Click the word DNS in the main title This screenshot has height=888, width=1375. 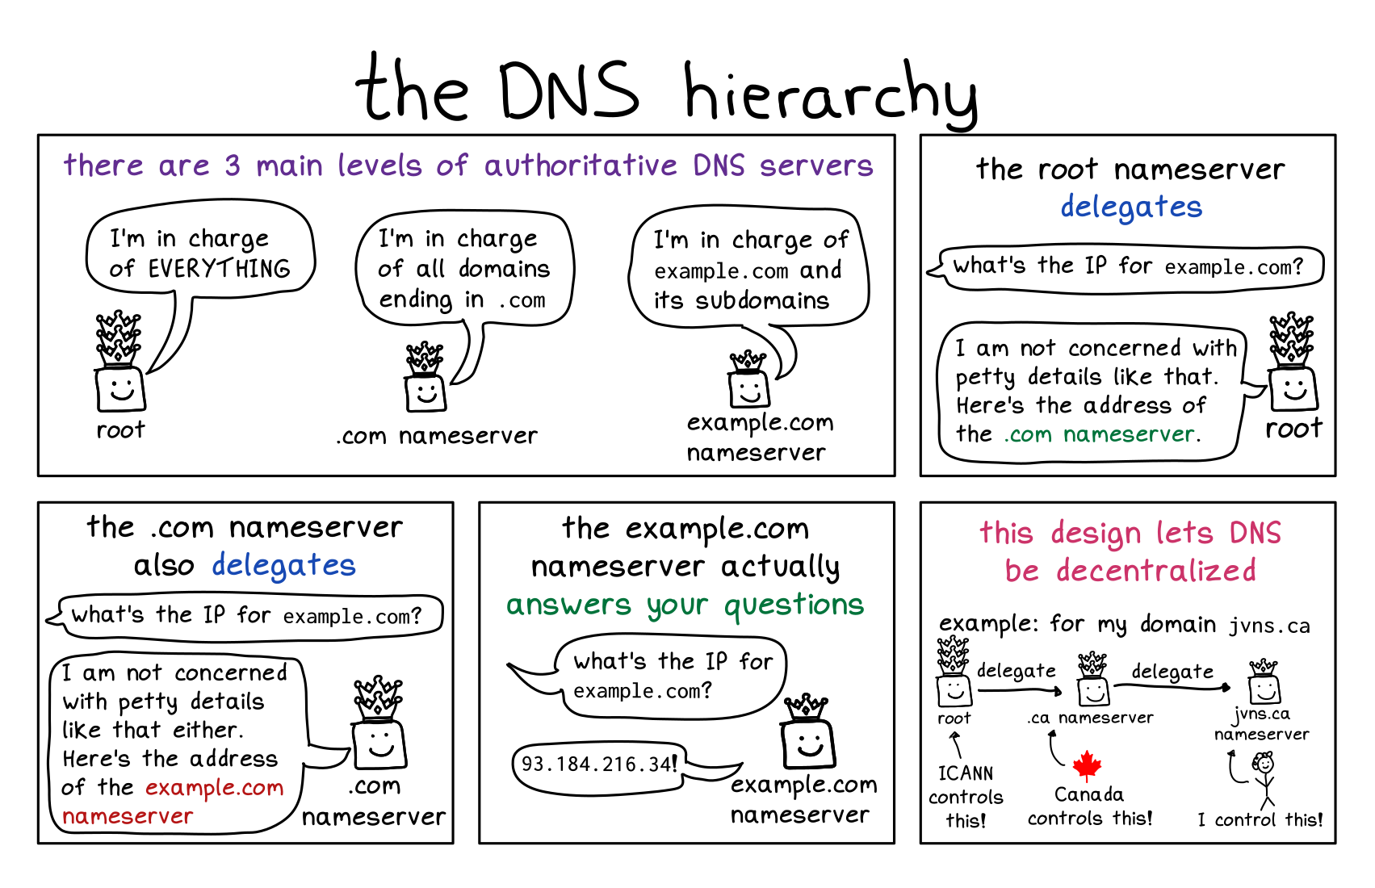[x=568, y=90]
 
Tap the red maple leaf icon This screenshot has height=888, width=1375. [x=1087, y=765]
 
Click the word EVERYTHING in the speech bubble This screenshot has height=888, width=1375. [x=219, y=269]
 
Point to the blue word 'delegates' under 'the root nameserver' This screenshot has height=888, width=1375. [x=1131, y=207]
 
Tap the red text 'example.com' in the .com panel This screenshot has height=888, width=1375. [x=215, y=787]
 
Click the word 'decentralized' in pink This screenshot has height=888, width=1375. [x=1156, y=571]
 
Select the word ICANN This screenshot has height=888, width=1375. [x=966, y=773]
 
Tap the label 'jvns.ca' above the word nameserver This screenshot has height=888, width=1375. [x=1262, y=714]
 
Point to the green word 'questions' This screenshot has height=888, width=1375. [x=794, y=605]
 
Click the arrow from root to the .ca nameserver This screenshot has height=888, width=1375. [x=1019, y=690]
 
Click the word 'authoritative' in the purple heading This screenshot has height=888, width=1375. [x=581, y=165]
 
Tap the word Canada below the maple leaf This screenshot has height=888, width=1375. [x=1088, y=794]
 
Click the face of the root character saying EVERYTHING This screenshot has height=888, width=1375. [x=121, y=389]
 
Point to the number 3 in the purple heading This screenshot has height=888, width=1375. [x=233, y=165]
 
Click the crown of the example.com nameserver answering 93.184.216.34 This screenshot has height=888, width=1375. [x=805, y=707]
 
